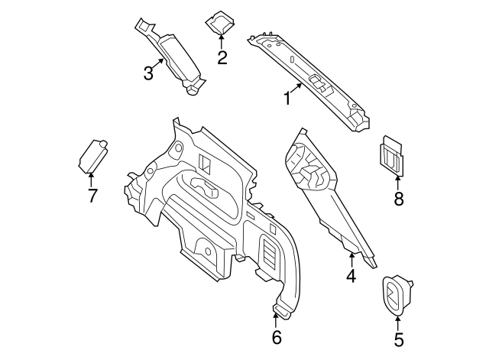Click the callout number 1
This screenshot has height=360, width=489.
coord(287,99)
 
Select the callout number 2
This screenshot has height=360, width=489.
coord(222,57)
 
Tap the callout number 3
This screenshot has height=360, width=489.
coord(148,73)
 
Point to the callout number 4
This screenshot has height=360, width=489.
coord(351,276)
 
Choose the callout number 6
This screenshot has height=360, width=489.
coord(277,336)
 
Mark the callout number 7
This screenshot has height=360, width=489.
coord(92,196)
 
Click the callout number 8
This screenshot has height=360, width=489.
coord(398,200)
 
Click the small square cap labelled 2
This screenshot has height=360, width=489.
coord(220,22)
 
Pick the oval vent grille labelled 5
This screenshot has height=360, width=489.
coord(396,294)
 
